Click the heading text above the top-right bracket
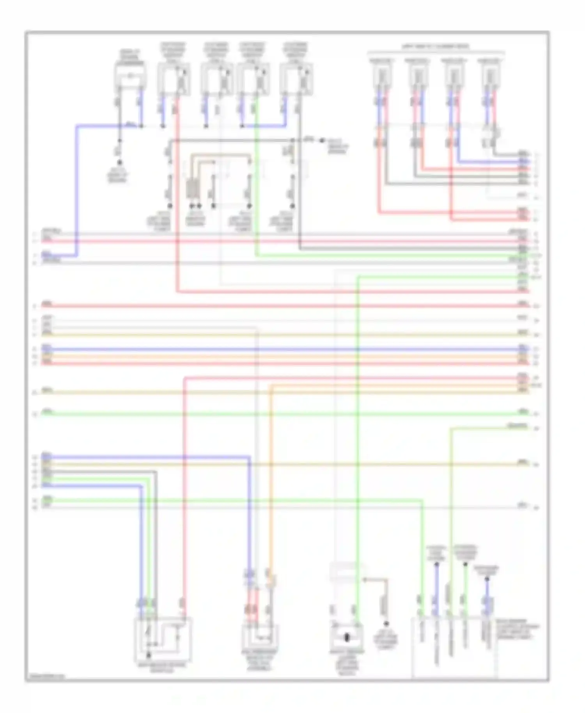(436, 47)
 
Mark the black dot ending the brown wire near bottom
(386, 624)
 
